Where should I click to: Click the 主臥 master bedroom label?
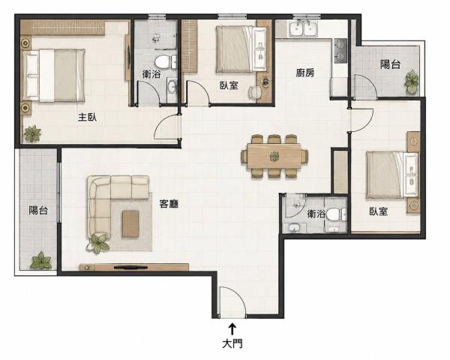pos(88,117)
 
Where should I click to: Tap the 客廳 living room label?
pos(169,204)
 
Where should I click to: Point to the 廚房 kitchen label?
pos(305,73)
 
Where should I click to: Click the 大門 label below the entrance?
pos(232,343)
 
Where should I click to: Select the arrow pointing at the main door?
pos(232,329)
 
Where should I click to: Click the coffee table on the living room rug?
pos(130,224)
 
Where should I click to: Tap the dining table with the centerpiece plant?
pos(274,156)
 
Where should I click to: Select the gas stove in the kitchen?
pos(340,51)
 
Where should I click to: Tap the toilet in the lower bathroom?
pos(336,214)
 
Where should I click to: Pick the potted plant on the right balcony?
pos(412,82)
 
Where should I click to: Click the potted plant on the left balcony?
pos(41,260)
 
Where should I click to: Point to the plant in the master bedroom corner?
pos(32,133)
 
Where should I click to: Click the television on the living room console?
pos(130,268)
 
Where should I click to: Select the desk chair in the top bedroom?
pos(253,92)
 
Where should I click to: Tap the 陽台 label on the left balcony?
pos(38,211)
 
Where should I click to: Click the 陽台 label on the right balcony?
pos(390,64)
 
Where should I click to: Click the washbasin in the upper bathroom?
pos(172,86)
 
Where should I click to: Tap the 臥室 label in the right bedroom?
pos(379,211)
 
